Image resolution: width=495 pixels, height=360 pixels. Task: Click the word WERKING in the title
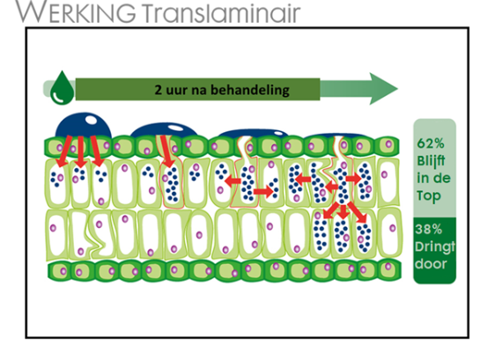tap(76, 12)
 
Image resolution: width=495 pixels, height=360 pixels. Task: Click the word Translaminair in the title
tap(220, 12)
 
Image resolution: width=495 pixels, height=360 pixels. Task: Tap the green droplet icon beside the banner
tap(62, 87)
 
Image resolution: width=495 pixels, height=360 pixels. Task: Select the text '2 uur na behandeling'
tap(222, 90)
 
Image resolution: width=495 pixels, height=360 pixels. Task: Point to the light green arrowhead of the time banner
tap(383, 89)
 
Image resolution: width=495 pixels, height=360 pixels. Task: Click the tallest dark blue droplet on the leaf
tap(84, 125)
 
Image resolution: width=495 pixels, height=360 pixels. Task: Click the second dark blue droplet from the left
tap(164, 130)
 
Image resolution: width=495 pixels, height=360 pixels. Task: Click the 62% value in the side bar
tap(431, 143)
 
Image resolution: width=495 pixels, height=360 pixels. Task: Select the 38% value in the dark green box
tap(428, 229)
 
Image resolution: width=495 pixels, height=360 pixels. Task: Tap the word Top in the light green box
tap(428, 195)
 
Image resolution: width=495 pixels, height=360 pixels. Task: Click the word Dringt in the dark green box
tap(435, 246)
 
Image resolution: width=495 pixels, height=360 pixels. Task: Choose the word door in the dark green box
tap(431, 263)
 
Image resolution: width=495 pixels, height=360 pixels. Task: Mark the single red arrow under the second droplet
tap(167, 151)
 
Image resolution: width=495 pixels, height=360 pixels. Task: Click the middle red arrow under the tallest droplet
tap(81, 151)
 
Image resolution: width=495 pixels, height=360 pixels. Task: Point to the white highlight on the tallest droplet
tap(92, 121)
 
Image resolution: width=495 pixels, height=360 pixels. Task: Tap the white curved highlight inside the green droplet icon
tap(58, 98)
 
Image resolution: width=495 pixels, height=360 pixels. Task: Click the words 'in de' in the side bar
tap(433, 179)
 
